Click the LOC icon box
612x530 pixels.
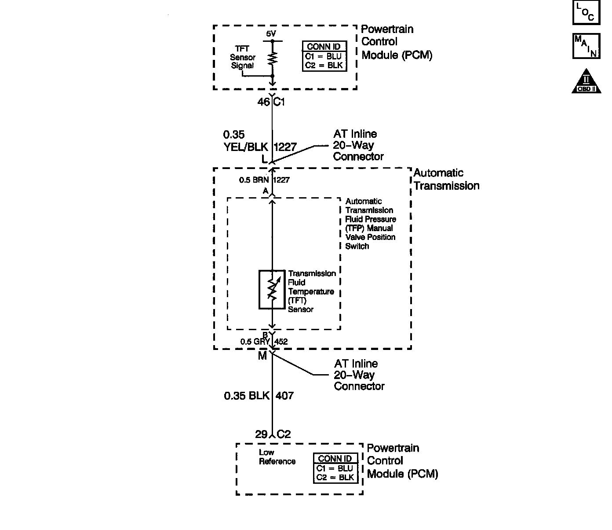click(x=586, y=13)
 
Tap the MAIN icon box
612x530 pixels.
click(x=586, y=46)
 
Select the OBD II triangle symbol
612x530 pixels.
click(x=586, y=81)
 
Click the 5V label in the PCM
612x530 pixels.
click(x=272, y=34)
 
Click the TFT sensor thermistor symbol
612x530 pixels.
click(x=272, y=289)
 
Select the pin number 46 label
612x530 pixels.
click(x=263, y=102)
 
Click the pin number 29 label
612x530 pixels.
click(x=261, y=434)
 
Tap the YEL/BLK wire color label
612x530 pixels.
click(x=245, y=147)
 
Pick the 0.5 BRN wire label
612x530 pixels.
click(x=254, y=180)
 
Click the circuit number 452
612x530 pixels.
click(x=281, y=342)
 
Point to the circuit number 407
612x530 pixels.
click(x=284, y=396)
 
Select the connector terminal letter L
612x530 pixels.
click(x=264, y=159)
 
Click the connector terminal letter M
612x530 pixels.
click(x=262, y=356)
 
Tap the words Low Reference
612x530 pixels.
click(x=277, y=457)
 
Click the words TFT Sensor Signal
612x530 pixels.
click(x=242, y=57)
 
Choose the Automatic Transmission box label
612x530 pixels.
click(x=446, y=179)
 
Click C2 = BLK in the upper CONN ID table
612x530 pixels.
click(x=324, y=66)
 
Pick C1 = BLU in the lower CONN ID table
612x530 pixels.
click(x=335, y=468)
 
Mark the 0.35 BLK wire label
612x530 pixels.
click(x=246, y=396)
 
